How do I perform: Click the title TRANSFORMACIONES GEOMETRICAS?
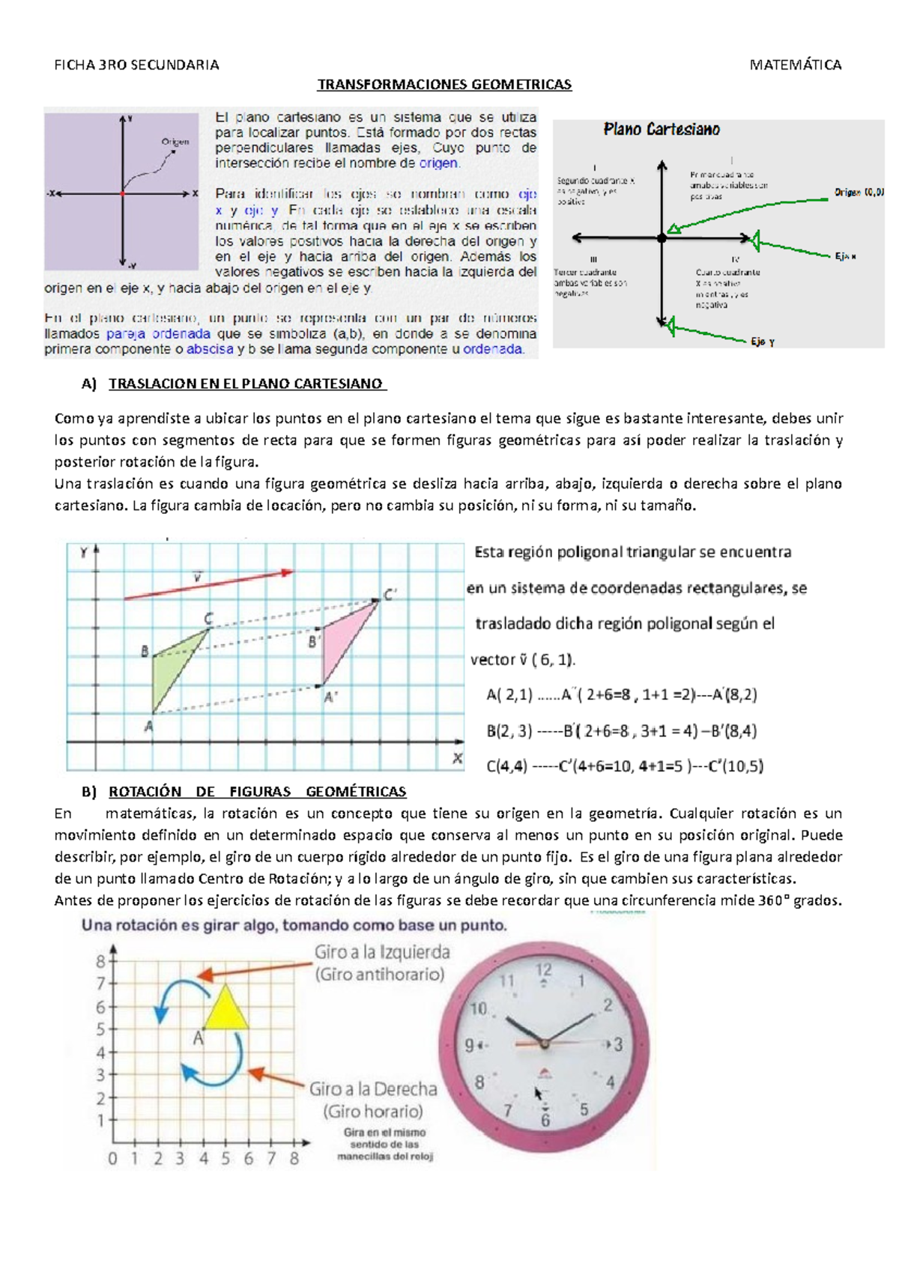point(444,85)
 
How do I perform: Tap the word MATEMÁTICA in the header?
point(796,65)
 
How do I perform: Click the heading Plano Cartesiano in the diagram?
point(662,130)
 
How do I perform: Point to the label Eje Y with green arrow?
point(763,342)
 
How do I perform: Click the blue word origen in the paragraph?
point(438,163)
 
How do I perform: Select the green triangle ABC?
point(173,667)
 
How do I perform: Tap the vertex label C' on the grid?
point(390,596)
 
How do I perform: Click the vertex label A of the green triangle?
point(148,725)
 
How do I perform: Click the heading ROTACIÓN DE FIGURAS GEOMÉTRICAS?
point(257,792)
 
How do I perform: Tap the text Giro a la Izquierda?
point(382,952)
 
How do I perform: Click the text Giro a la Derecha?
point(373,1088)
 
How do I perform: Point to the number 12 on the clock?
point(543,970)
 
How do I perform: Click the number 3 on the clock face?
point(618,1044)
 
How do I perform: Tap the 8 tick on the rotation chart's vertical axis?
point(100,961)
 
